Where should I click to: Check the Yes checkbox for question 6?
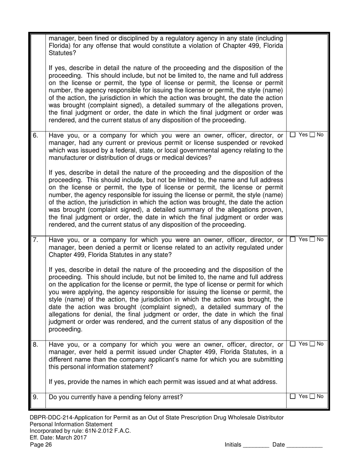point(293,135)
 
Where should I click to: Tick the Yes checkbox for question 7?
point(293,239)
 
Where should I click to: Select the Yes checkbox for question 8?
point(293,344)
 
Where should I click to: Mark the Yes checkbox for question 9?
point(293,397)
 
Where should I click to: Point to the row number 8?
point(35,345)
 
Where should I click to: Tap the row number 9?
point(35,397)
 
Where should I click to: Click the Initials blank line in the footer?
point(256,446)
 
